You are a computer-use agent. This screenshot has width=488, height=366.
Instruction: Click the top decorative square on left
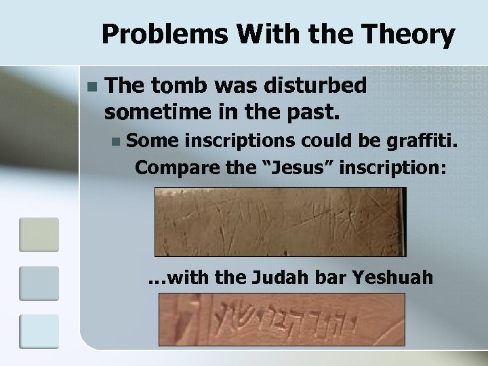[x=39, y=234]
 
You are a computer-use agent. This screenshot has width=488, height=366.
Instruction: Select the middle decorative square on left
[x=39, y=283]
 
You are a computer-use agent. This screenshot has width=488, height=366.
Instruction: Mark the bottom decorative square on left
[x=39, y=332]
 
